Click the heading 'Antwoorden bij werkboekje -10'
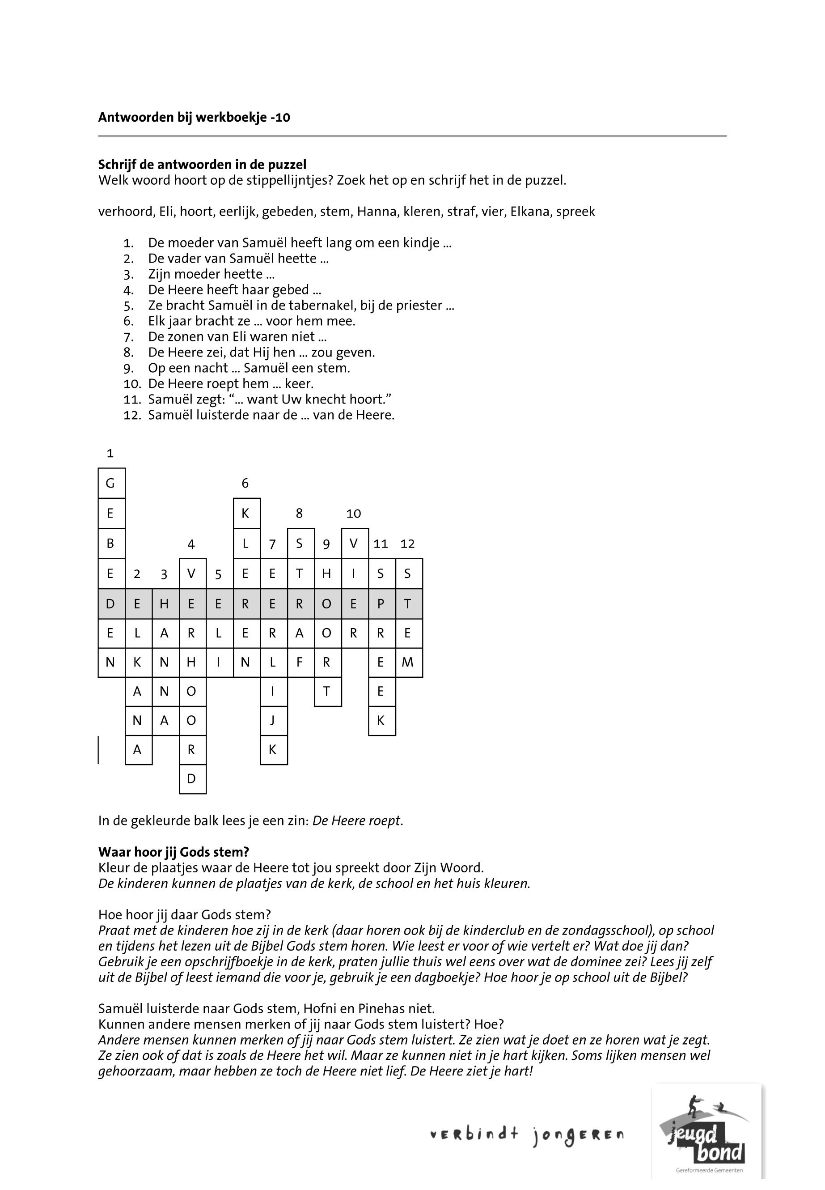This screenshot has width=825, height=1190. coord(194,117)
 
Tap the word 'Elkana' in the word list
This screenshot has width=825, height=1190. coord(530,212)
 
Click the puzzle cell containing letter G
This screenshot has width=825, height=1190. coord(110,484)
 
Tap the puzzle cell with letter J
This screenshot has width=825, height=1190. coord(272,720)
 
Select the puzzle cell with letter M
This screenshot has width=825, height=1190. coord(408,662)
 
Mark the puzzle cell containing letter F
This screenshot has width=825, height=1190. coord(299,662)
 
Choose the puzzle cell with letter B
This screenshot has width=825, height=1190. coord(110,544)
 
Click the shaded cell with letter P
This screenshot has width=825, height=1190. coord(381,603)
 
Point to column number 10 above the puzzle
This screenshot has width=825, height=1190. coord(354,514)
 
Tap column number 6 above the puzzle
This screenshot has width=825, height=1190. coord(245,484)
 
